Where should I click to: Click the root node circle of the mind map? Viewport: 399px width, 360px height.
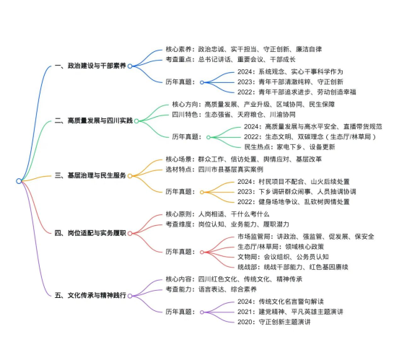coord(19,181)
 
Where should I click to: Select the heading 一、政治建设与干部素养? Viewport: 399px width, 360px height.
coord(90,66)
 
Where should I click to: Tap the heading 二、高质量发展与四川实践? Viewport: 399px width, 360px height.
coord(94,120)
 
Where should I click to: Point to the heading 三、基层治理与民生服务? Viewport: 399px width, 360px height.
coord(90,175)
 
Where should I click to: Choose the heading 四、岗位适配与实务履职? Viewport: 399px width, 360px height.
coord(90,233)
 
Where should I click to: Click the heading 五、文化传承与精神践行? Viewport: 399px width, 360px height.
coord(90,295)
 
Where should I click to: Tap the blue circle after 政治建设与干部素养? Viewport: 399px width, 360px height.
coord(130,66)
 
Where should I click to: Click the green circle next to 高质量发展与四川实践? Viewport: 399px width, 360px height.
coord(136,121)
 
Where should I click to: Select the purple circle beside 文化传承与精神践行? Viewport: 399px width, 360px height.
coord(130,296)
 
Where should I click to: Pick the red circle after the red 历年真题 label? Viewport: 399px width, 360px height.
coord(202,252)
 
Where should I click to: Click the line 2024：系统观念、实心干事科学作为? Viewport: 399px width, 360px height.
coord(290,71)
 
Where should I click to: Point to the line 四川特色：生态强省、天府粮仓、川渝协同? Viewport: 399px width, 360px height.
coord(234,115)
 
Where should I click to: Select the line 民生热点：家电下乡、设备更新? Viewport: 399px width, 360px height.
coord(289,147)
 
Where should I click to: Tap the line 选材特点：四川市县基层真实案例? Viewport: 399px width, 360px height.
coord(214,170)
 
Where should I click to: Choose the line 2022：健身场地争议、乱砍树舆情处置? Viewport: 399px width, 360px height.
coord(294,202)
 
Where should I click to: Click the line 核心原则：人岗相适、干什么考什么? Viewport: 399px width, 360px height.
coord(217,214)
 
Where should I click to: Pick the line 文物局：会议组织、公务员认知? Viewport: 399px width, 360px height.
coord(284,257)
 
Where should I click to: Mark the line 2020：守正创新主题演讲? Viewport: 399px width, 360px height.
coord(274,322)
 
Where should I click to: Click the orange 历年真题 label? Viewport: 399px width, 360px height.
coord(180,192)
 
